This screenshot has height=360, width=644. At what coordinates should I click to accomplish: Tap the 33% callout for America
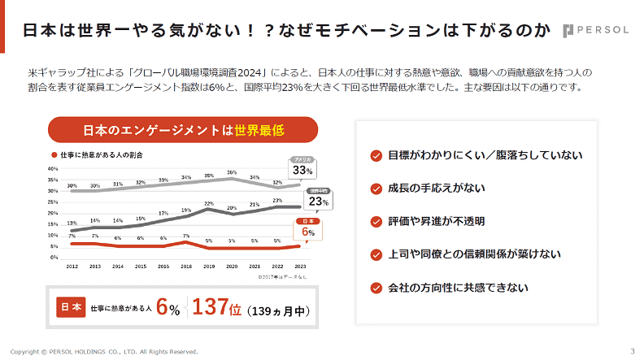[x=302, y=169]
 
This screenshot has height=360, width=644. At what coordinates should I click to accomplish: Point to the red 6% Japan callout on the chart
[x=308, y=231]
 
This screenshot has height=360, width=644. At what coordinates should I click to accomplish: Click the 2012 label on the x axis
[x=72, y=267]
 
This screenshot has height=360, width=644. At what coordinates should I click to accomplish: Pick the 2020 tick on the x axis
[x=232, y=267]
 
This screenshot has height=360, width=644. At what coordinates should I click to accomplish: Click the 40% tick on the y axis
[x=53, y=169]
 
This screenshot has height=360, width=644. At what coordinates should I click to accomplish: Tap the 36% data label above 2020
[x=232, y=172]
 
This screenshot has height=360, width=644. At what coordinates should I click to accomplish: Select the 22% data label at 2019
[x=209, y=203]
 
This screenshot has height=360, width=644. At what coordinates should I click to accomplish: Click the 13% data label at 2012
[x=72, y=223]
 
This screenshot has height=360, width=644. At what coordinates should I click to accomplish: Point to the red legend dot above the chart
[x=54, y=154]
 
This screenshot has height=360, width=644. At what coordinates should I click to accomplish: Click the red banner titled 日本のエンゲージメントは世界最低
[x=183, y=129]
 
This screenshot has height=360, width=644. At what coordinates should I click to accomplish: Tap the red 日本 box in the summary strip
[x=70, y=307]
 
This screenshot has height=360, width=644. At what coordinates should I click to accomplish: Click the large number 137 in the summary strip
[x=213, y=307]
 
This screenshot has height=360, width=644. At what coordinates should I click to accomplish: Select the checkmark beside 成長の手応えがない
[x=376, y=189]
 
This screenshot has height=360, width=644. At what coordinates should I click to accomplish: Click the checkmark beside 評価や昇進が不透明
[x=376, y=221]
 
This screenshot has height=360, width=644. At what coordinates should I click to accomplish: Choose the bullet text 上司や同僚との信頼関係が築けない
[x=474, y=254]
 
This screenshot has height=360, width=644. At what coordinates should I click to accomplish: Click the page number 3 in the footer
[x=633, y=351]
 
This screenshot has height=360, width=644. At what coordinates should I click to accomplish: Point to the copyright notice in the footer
[x=104, y=352]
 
